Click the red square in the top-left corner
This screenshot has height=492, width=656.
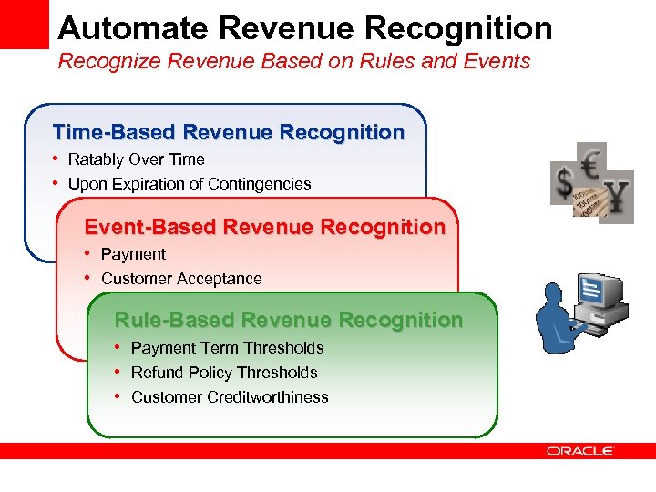point(24,24)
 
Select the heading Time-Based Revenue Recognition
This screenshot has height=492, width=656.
point(228,132)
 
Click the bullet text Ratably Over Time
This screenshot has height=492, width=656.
point(136,159)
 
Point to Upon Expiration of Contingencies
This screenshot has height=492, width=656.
point(190,184)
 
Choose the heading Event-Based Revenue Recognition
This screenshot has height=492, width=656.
point(264,227)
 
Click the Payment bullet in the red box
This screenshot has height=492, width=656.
point(133,254)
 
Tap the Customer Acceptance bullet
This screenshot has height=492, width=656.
point(181,279)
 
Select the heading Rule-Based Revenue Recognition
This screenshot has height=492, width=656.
point(288,320)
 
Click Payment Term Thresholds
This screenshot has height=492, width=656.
point(227,348)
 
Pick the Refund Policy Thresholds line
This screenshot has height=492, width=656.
point(224,373)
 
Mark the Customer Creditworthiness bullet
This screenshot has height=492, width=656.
point(230,397)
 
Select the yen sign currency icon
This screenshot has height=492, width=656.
point(617,197)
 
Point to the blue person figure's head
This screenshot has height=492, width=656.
point(558,296)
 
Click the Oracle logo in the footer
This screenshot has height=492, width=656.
point(580,451)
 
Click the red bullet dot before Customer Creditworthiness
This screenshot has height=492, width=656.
point(119,397)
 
